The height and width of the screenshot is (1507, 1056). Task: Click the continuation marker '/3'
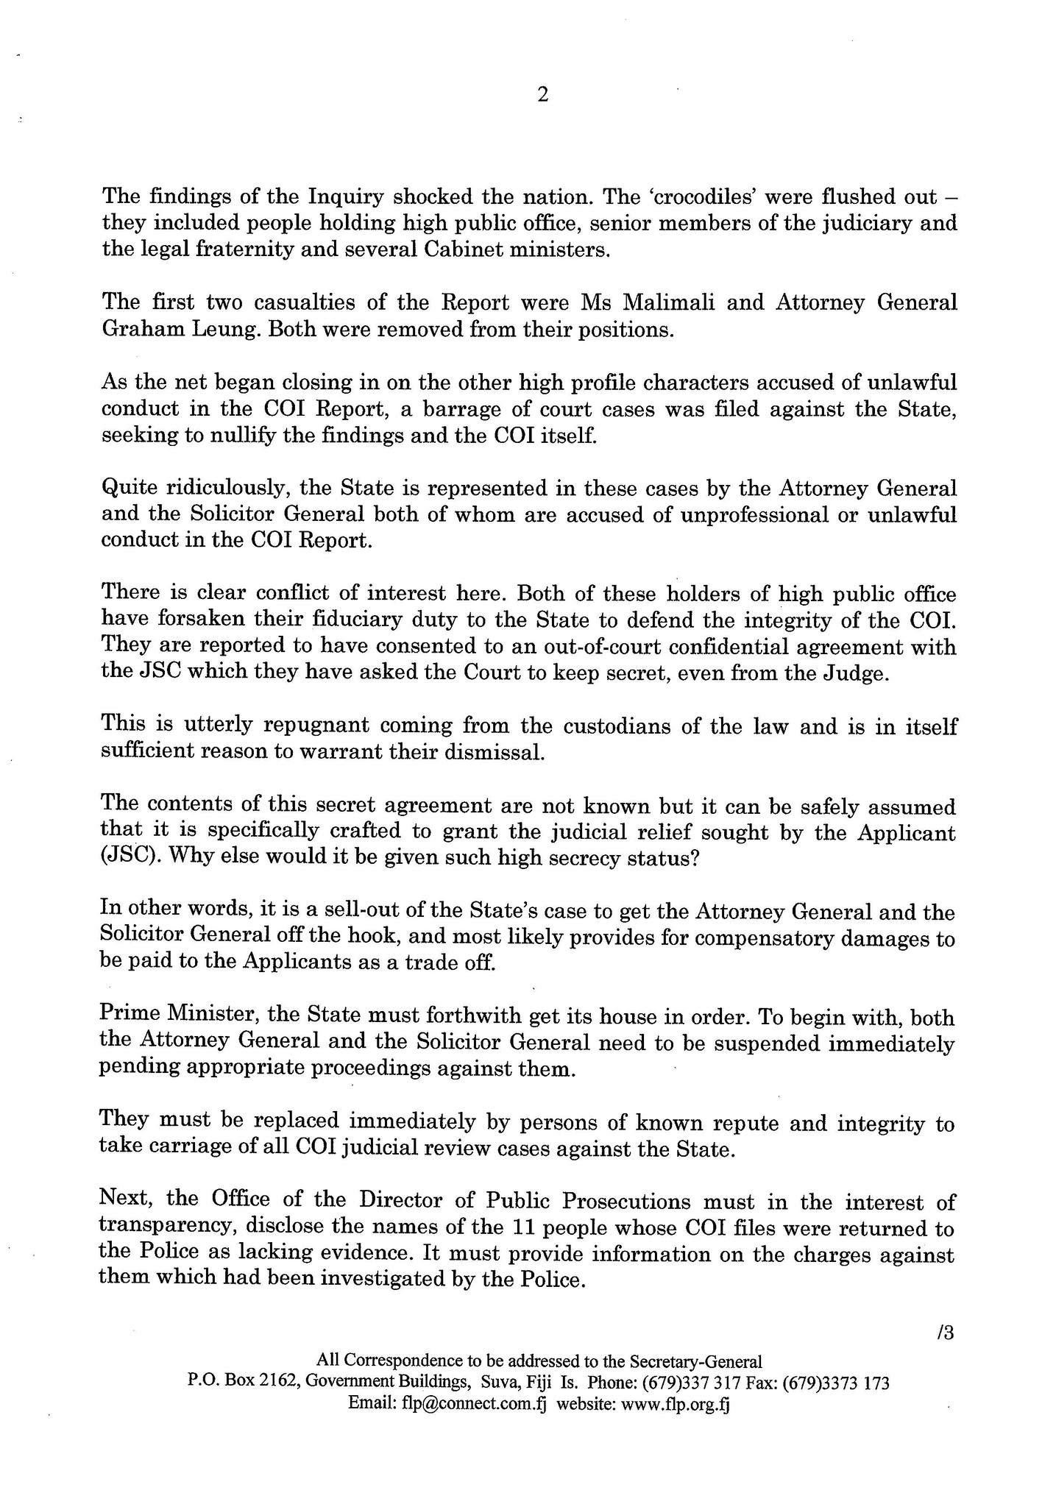946,1333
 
